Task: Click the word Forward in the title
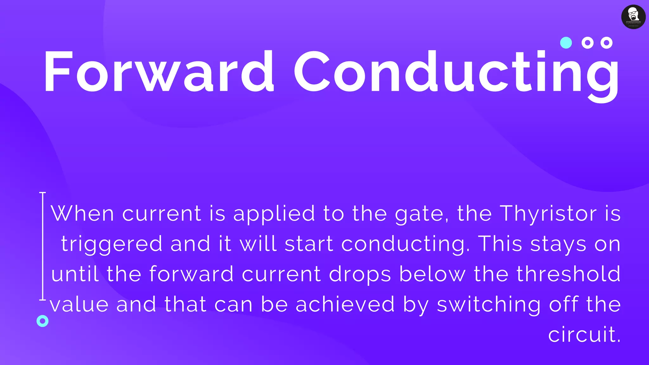tap(158, 71)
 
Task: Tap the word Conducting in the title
tap(456, 73)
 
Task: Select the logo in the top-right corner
tap(633, 17)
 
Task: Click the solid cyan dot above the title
tap(566, 42)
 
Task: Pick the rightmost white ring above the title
tap(606, 42)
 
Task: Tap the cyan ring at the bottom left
tap(42, 321)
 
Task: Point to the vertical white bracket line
tap(42, 246)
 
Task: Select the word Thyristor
tap(548, 214)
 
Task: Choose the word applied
tap(274, 214)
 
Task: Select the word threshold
tap(569, 274)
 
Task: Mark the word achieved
tap(345, 304)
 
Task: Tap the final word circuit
tap(584, 335)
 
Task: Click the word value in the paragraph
tap(79, 304)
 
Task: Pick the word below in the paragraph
tap(433, 274)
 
